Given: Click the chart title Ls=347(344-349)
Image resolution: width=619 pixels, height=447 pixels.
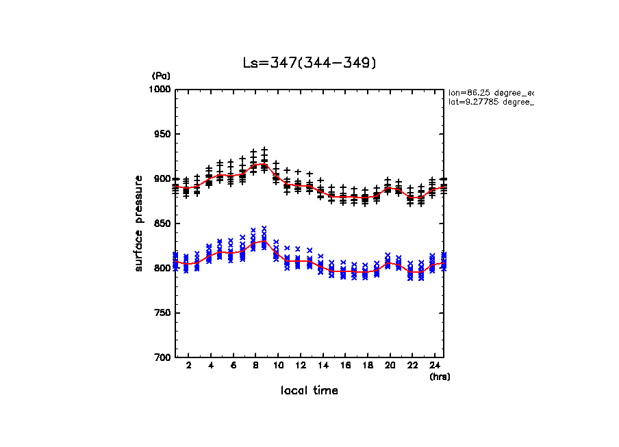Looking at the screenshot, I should (309, 63).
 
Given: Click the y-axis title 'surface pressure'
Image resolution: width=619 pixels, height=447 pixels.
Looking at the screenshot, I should (139, 223).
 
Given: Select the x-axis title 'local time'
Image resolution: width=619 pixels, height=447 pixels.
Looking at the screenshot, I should (309, 391).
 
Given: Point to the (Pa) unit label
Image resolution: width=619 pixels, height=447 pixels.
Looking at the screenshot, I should (161, 76).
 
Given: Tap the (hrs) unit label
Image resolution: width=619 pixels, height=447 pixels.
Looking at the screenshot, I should (440, 376).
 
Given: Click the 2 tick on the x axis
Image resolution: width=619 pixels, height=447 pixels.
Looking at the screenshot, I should (188, 366).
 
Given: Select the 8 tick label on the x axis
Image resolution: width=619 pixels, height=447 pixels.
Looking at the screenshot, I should (255, 366).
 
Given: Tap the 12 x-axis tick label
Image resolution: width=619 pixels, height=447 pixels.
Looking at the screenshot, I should (300, 366).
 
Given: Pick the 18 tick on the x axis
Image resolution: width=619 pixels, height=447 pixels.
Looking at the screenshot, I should (368, 366).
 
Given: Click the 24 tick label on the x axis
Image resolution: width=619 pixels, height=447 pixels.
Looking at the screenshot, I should (435, 366).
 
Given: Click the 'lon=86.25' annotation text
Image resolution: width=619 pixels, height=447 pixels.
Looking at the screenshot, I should (490, 92).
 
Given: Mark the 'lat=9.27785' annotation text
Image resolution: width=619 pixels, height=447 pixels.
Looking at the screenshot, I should (490, 102).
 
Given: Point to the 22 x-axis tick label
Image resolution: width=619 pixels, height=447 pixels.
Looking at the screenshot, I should (412, 366).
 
